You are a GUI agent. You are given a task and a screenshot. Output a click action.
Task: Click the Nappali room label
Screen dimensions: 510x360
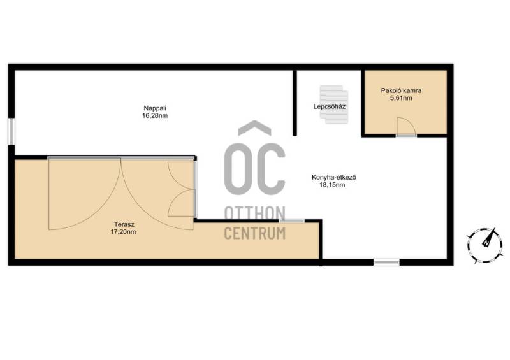point(155,108)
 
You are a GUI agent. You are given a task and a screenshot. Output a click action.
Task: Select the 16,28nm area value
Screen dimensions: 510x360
point(155,115)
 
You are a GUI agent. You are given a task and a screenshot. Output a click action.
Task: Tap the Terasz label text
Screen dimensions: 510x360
point(124,224)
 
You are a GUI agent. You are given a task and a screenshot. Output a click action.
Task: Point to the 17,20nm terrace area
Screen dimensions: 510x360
point(124,232)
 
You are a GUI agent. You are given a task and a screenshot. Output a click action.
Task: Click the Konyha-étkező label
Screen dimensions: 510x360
point(333,178)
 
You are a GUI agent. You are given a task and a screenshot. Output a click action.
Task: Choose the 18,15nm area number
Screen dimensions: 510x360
point(332,185)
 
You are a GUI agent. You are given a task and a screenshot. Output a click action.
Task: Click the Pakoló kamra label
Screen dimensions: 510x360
point(401,90)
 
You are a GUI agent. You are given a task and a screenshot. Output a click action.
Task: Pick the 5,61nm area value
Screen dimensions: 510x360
point(401,98)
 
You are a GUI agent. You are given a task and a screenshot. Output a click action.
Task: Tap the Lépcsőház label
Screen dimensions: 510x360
point(329,106)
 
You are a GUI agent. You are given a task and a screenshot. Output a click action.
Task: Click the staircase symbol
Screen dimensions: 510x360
point(333,104)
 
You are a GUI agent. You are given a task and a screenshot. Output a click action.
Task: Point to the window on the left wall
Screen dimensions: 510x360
point(11,131)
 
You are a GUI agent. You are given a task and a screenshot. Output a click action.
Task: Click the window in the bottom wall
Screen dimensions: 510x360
point(386,262)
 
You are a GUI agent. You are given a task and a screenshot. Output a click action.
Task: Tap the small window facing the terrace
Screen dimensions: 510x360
point(292,221)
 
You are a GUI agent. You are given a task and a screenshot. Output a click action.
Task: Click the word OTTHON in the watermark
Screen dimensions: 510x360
point(255,213)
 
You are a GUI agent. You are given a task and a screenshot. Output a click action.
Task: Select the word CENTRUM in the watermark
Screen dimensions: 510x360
point(255,233)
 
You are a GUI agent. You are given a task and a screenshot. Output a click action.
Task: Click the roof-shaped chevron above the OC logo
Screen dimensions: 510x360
point(254,128)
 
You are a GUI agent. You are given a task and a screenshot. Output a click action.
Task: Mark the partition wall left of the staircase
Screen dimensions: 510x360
point(295,103)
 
